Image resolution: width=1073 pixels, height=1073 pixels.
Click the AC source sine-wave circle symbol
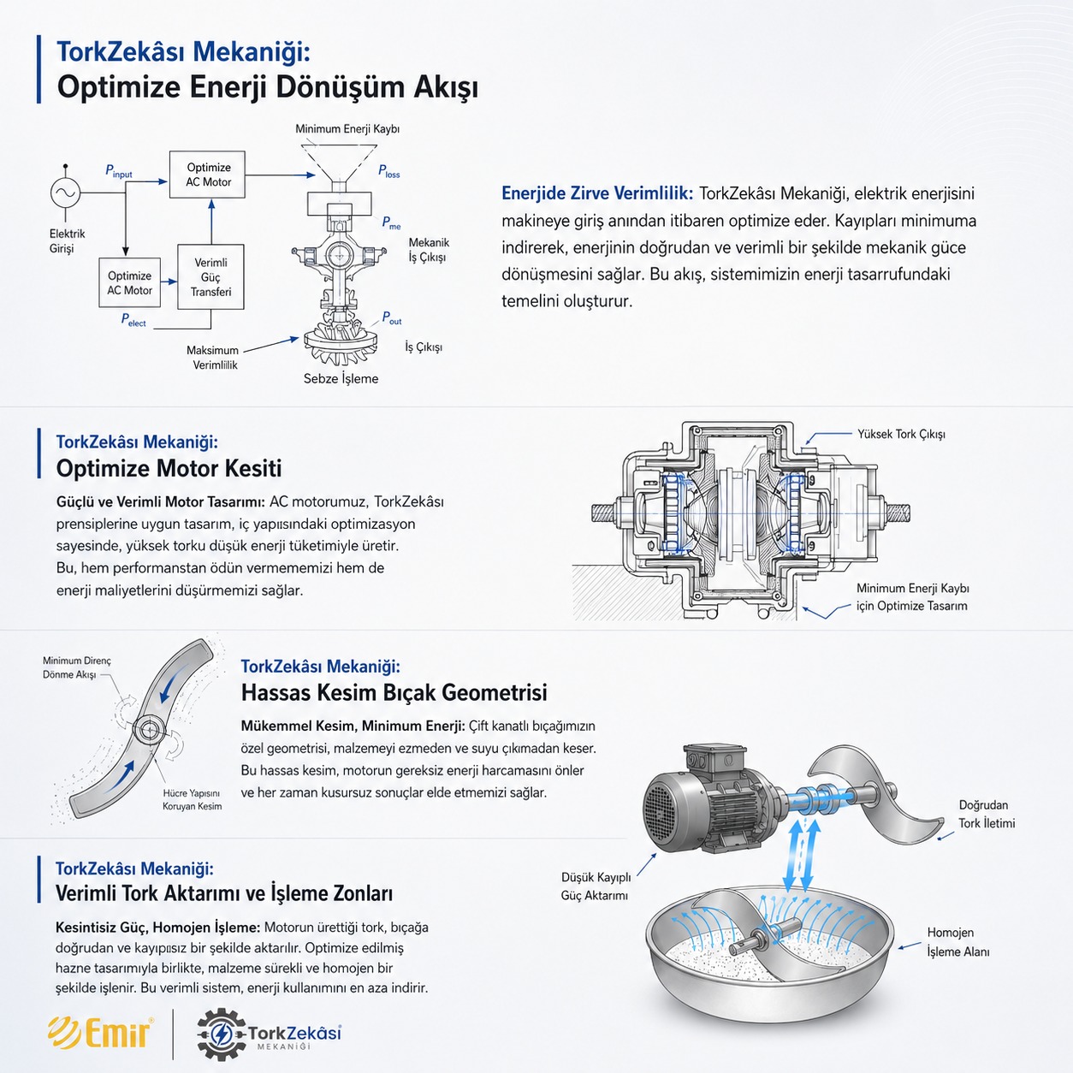(65, 193)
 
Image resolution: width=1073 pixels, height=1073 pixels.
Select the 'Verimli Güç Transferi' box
(210, 276)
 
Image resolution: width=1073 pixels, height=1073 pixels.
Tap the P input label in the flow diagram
(119, 171)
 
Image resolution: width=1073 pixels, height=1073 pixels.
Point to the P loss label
(388, 171)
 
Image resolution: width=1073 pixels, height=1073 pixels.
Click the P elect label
(133, 320)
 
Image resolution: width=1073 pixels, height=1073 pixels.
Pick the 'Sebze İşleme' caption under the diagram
(341, 379)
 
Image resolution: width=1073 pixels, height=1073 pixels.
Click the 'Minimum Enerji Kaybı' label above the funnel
(347, 128)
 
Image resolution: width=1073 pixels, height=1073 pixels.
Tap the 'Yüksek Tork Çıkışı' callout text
(901, 435)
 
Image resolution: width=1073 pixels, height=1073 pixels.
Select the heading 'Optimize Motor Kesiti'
(169, 468)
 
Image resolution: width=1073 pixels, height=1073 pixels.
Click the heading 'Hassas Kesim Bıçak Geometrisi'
(394, 693)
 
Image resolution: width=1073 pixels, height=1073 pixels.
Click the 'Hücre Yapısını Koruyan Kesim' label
(193, 799)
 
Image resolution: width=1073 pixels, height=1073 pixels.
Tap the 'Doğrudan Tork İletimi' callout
(986, 814)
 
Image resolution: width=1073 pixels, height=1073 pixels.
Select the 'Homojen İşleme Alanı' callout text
(957, 942)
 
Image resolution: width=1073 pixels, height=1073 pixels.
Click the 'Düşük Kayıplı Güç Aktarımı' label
(596, 886)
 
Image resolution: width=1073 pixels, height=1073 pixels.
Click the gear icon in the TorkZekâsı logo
(222, 1034)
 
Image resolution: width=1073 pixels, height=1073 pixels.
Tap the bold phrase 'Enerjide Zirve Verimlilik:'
(597, 193)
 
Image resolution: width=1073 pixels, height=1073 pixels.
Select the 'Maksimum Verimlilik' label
(213, 358)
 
